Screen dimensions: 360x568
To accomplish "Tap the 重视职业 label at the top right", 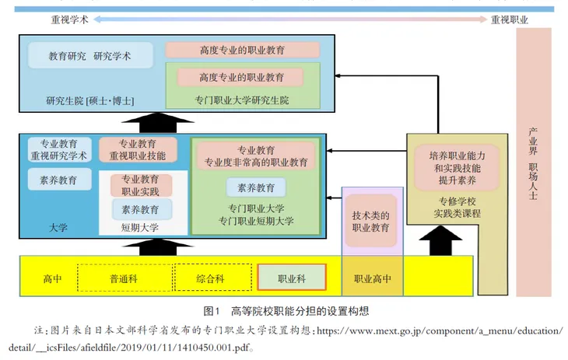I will click(510, 20).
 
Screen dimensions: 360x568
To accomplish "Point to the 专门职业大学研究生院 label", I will click(242, 100).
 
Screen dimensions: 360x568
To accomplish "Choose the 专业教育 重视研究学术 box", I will click(58, 150).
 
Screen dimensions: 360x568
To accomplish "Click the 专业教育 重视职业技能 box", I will click(137, 150).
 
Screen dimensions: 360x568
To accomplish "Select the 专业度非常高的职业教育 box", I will click(256, 156).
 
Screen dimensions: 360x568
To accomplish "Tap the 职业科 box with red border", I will click(291, 278).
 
